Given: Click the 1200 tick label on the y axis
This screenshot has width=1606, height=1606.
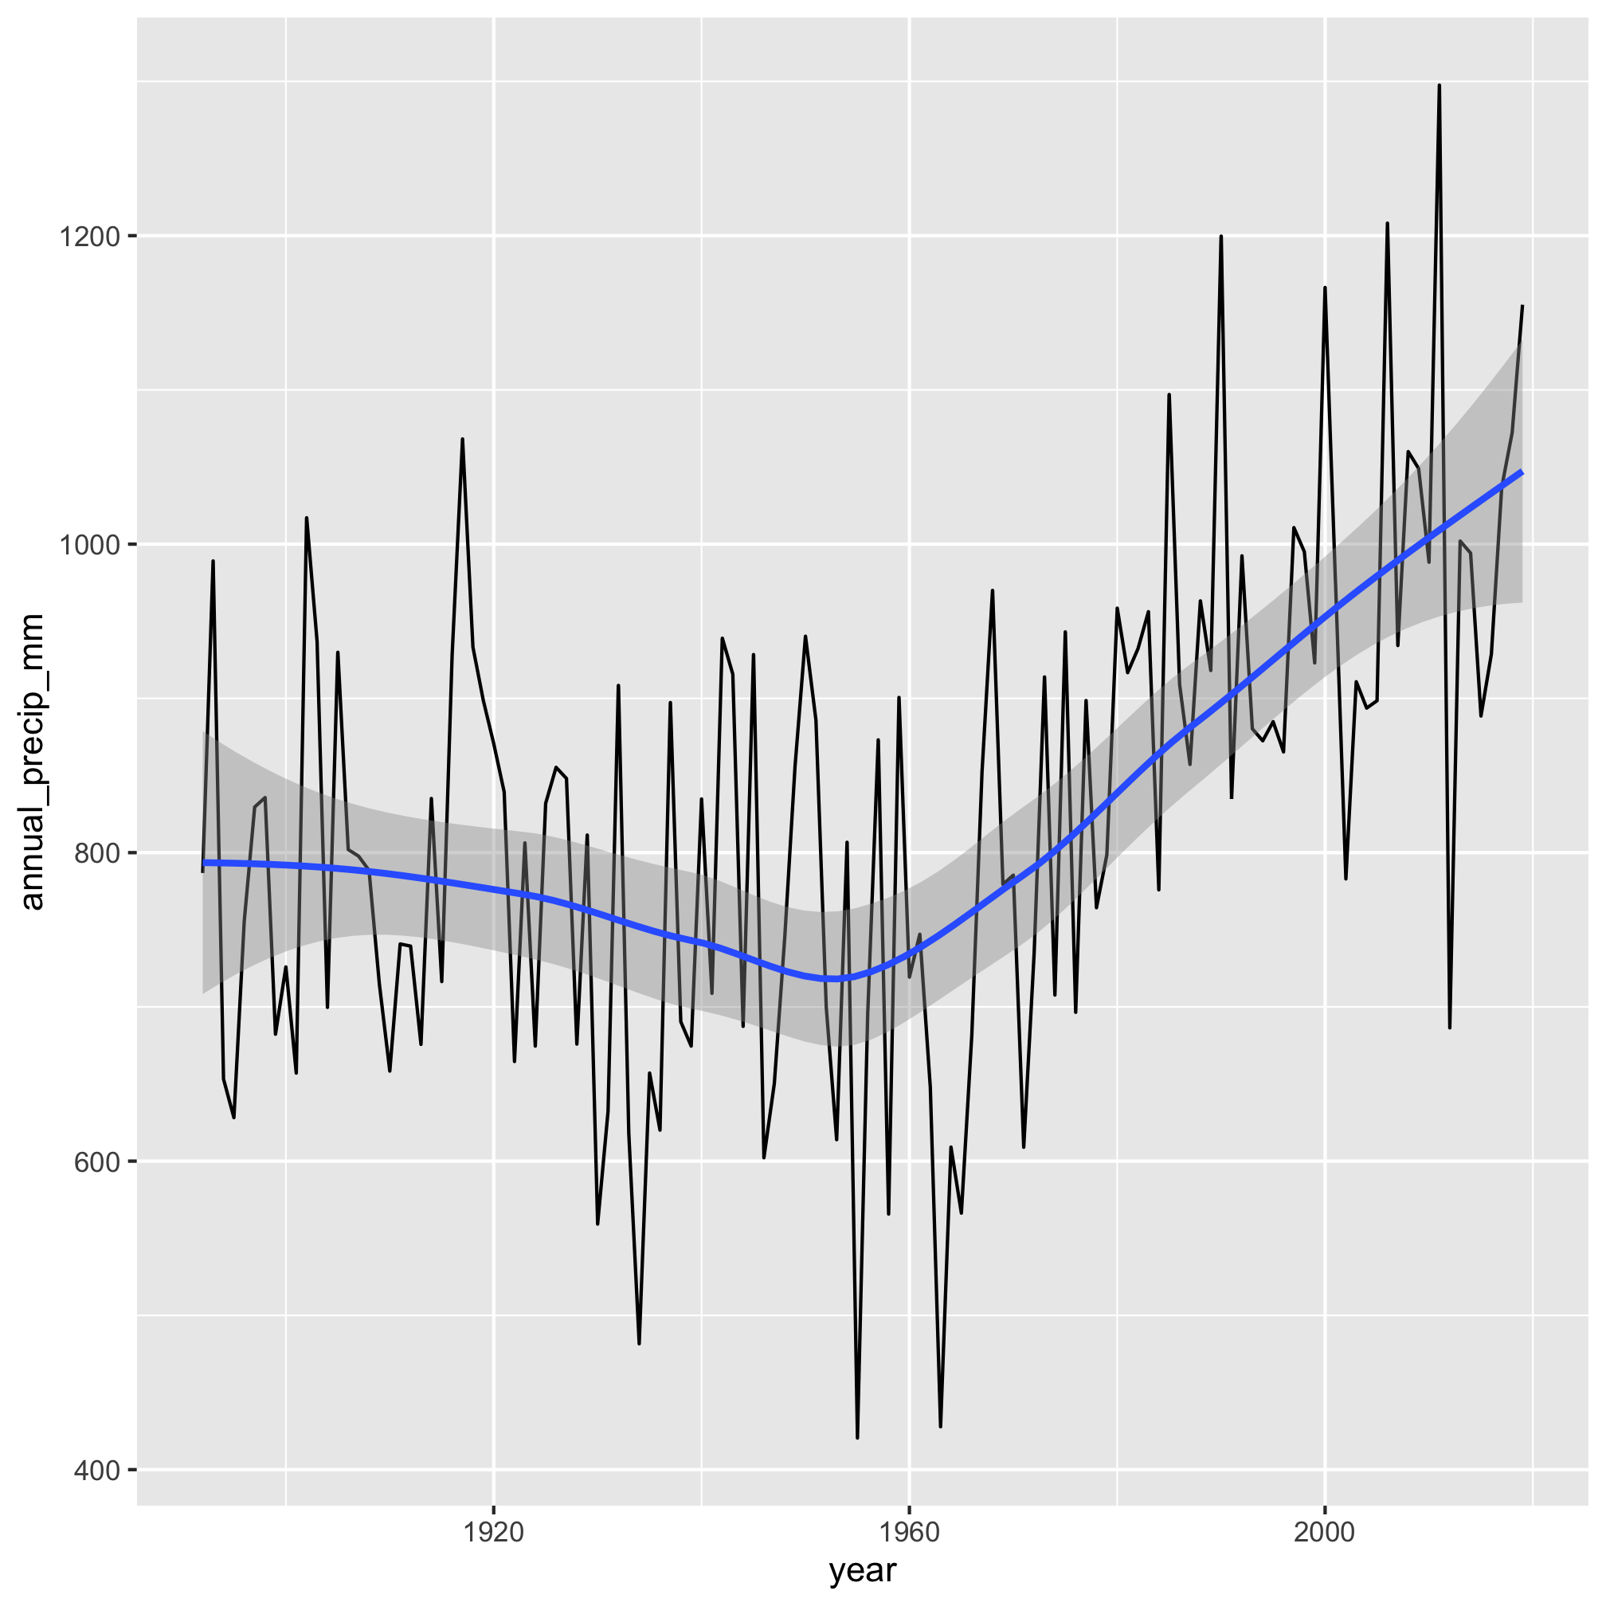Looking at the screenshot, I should [88, 237].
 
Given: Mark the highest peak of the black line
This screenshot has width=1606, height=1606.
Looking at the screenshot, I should [1439, 85].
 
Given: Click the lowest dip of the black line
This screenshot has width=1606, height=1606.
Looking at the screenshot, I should [857, 1437].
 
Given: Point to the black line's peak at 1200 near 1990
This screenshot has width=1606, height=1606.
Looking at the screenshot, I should [1221, 237].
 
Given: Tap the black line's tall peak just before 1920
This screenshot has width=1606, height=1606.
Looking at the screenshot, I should [462, 440].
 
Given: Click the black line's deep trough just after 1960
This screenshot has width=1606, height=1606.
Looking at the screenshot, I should [940, 1427].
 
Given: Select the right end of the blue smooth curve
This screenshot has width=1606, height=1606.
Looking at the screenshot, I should [1522, 472].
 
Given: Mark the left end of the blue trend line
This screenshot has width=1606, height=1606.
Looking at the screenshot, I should [204, 863].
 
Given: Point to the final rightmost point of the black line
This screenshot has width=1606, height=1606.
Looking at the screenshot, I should [1522, 307].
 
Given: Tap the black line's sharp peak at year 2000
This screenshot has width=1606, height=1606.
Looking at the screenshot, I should [1325, 288].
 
